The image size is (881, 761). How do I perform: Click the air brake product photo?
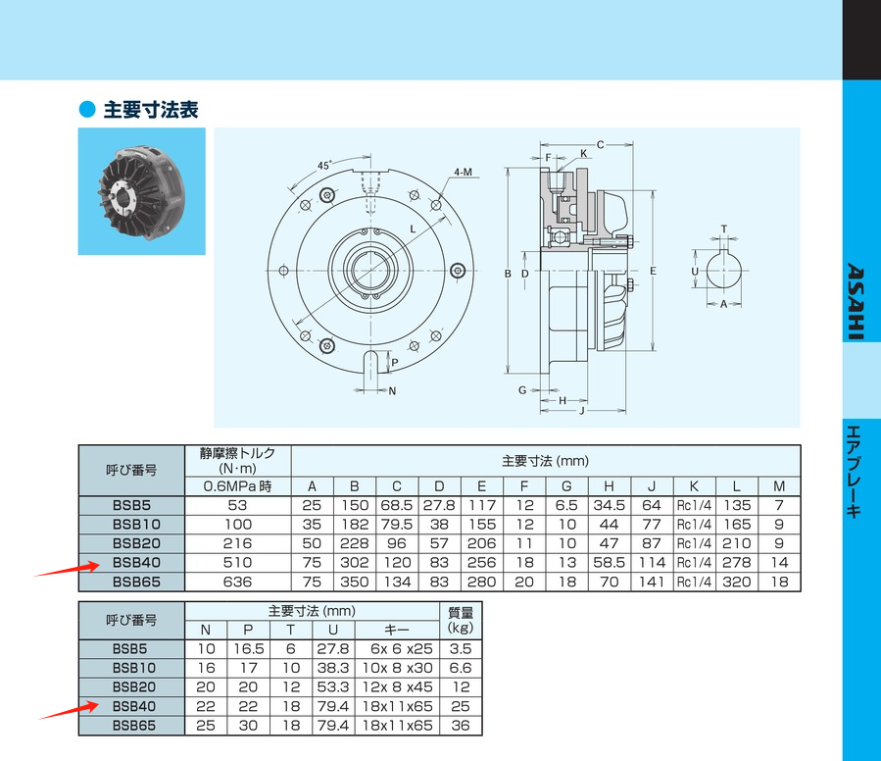click(141, 192)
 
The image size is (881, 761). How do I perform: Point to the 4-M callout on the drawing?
click(464, 172)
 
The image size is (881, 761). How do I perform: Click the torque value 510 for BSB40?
click(238, 563)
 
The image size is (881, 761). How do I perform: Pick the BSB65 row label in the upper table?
click(135, 582)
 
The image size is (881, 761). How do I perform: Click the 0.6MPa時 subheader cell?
click(238, 486)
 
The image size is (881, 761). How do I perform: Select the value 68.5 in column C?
click(397, 505)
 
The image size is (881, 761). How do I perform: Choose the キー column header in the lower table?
click(397, 630)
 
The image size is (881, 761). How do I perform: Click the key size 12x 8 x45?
click(397, 687)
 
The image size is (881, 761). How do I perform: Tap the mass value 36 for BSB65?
click(461, 726)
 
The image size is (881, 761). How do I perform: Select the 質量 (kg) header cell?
click(461, 620)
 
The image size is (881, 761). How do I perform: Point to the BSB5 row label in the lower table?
click(135, 649)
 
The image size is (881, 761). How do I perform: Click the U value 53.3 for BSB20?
click(332, 687)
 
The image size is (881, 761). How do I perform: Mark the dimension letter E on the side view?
click(652, 270)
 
